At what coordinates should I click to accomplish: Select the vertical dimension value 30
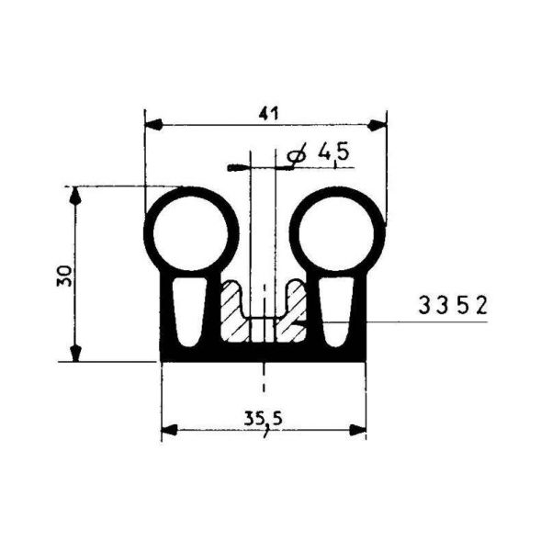click(x=63, y=275)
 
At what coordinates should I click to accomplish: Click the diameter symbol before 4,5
click(x=295, y=157)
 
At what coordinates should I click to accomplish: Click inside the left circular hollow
click(x=193, y=231)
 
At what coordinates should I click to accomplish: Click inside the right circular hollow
click(x=337, y=231)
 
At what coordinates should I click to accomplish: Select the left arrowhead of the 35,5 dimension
click(x=168, y=429)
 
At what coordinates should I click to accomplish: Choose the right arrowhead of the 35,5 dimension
click(x=359, y=429)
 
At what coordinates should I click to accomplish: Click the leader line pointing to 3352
click(x=367, y=321)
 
